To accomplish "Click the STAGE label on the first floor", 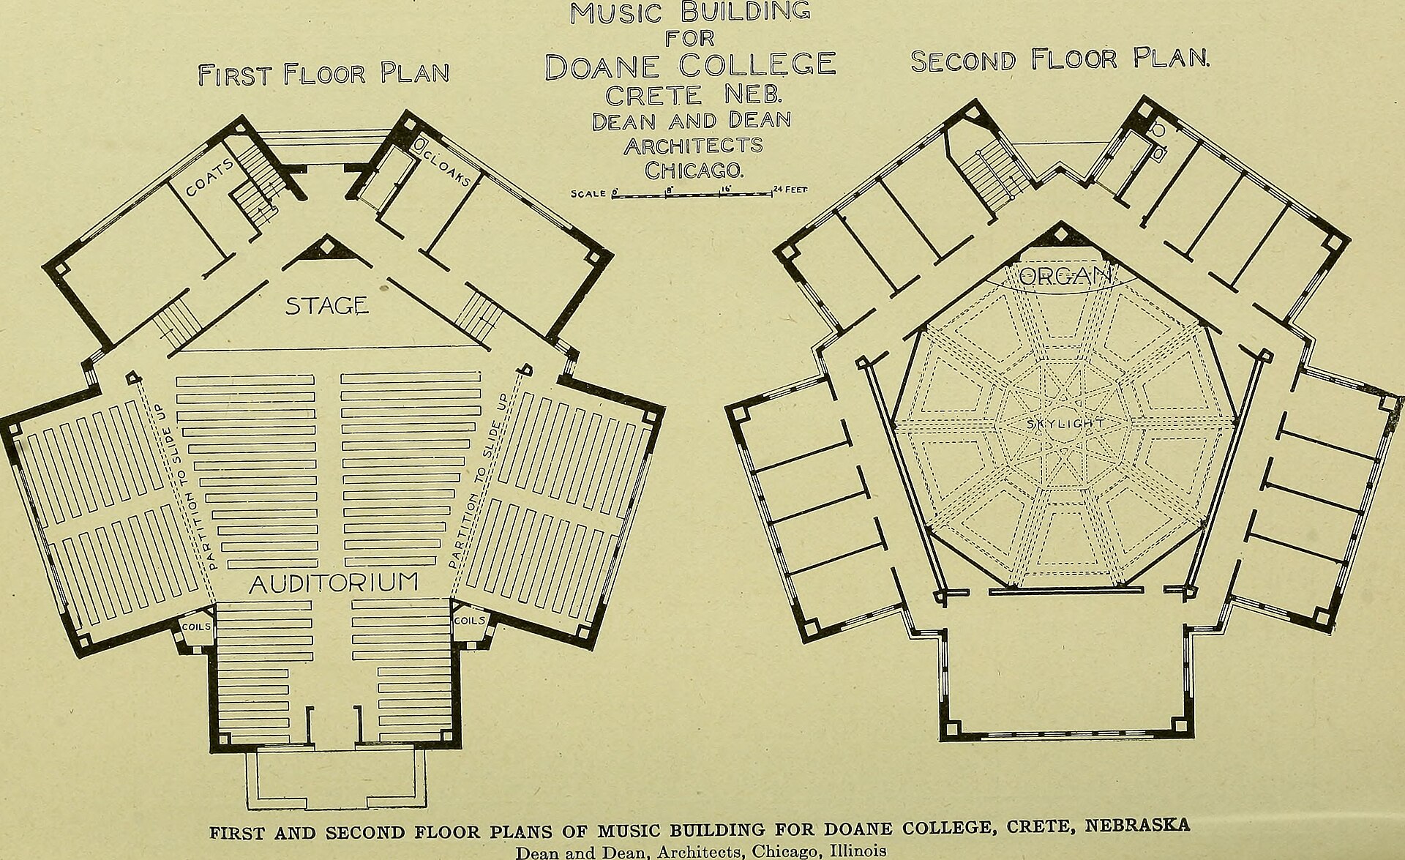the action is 326,305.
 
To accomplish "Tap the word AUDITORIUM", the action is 334,583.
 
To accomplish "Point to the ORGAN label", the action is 1065,276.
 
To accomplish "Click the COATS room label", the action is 210,178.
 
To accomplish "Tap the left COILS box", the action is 196,627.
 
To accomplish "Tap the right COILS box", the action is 469,621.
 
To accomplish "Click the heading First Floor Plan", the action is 323,73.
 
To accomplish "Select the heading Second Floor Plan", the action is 1060,59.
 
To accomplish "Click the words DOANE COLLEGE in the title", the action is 690,65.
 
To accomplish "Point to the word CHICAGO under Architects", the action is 694,170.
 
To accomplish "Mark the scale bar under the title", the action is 692,195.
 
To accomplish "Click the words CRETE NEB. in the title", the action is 694,95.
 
